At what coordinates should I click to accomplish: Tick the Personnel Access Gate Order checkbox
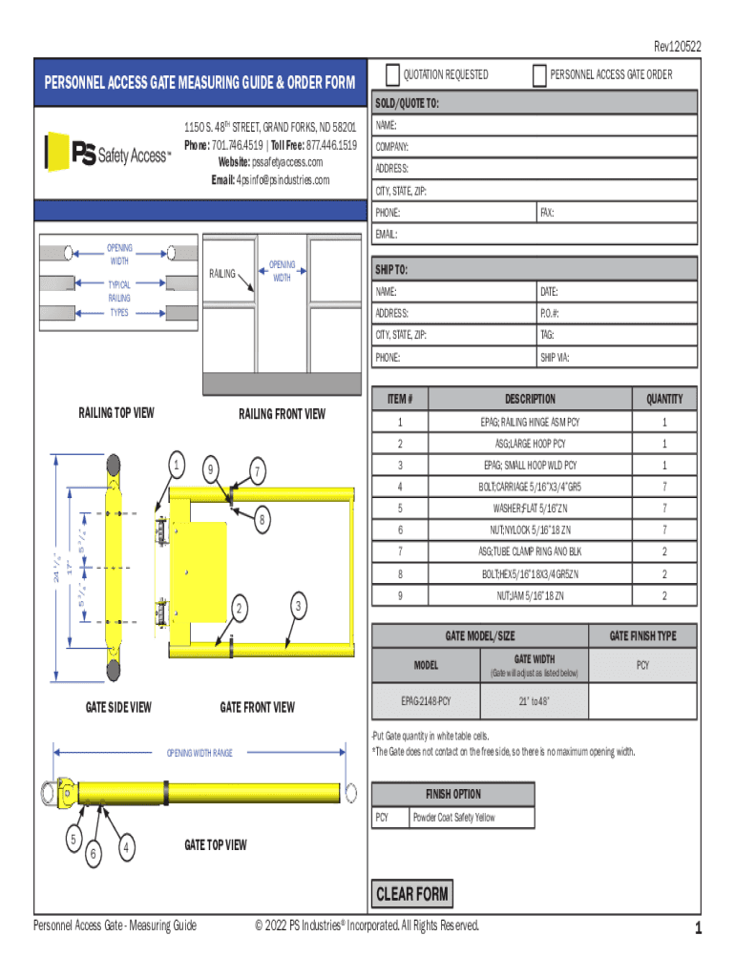[540, 75]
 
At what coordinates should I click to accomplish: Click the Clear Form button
[411, 894]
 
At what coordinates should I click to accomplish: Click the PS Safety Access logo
[108, 153]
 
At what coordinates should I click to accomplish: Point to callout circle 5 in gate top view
[73, 839]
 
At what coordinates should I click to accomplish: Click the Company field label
[392, 147]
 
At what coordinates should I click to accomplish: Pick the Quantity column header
[664, 399]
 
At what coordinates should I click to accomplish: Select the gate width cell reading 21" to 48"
[534, 701]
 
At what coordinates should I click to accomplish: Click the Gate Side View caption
[118, 707]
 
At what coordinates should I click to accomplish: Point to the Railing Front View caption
[282, 413]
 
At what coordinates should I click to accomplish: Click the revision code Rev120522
[677, 46]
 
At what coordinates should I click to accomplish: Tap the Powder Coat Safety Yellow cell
[453, 817]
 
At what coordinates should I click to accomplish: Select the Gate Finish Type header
[643, 635]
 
